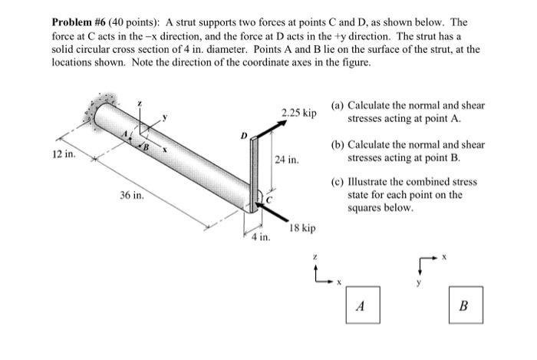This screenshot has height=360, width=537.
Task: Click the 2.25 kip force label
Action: pyautogui.click(x=298, y=113)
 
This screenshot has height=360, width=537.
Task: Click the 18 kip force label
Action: pyautogui.click(x=302, y=229)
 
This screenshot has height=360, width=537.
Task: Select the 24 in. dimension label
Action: pyautogui.click(x=286, y=160)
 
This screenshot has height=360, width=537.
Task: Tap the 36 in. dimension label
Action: pyautogui.click(x=132, y=196)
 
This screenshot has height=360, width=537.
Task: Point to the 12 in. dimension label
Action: pyautogui.click(x=64, y=154)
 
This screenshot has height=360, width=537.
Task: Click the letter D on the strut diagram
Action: pyautogui.click(x=244, y=137)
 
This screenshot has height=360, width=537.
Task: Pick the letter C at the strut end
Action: pyautogui.click(x=268, y=199)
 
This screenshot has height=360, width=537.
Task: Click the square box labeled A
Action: pyautogui.click(x=361, y=306)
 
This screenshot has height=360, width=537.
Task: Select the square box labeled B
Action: pyautogui.click(x=463, y=306)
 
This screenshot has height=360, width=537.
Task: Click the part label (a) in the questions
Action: pyautogui.click(x=338, y=106)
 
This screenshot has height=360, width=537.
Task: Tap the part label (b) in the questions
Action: pyautogui.click(x=338, y=144)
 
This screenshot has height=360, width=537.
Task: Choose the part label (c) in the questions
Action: pyautogui.click(x=338, y=183)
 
